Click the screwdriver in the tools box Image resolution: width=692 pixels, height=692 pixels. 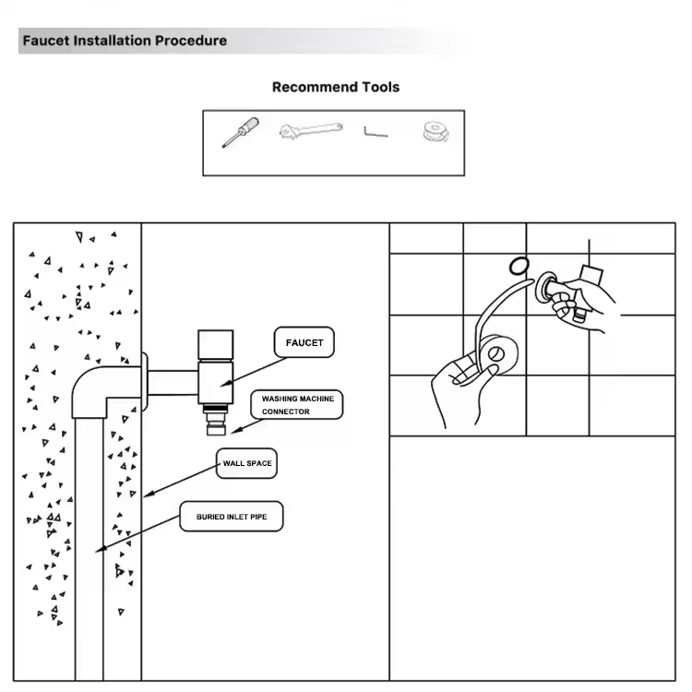tap(240, 132)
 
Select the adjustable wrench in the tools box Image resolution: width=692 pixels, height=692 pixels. tap(311, 130)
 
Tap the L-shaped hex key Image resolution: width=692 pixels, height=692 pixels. tap(376, 132)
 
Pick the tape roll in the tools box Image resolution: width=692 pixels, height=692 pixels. tap(436, 132)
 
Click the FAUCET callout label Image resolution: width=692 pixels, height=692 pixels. tap(304, 342)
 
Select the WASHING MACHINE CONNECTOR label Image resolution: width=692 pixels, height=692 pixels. tap(296, 405)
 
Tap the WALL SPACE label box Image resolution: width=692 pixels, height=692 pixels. tap(246, 463)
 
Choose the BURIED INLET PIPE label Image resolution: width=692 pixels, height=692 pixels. tap(232, 517)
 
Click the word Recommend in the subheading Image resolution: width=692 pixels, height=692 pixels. tap(315, 88)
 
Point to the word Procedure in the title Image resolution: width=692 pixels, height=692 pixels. tap(191, 41)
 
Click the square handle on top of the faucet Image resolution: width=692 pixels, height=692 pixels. tap(215, 345)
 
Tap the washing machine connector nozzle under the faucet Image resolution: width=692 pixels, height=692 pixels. tap(216, 421)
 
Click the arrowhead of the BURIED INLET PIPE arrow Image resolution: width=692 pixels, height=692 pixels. tap(101, 549)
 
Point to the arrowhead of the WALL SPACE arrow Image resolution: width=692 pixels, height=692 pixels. tap(149, 495)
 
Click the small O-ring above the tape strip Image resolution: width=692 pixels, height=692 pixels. tap(519, 266)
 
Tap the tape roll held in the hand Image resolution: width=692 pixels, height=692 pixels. tap(499, 356)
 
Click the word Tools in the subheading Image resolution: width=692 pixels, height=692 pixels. tap(380, 88)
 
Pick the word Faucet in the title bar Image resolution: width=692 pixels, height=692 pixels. tap(46, 41)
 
